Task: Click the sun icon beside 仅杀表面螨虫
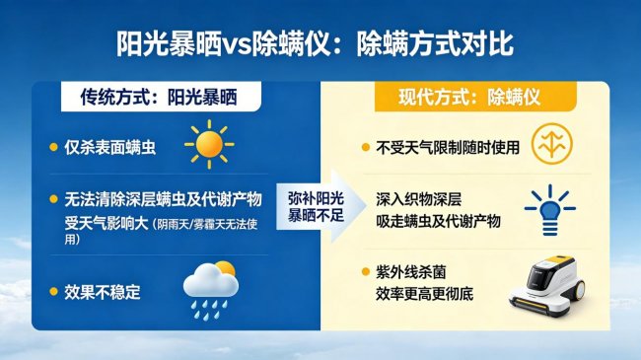coord(209,144)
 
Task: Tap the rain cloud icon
coord(211,286)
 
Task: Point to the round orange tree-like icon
coord(549,144)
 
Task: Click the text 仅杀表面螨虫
coord(110,148)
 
